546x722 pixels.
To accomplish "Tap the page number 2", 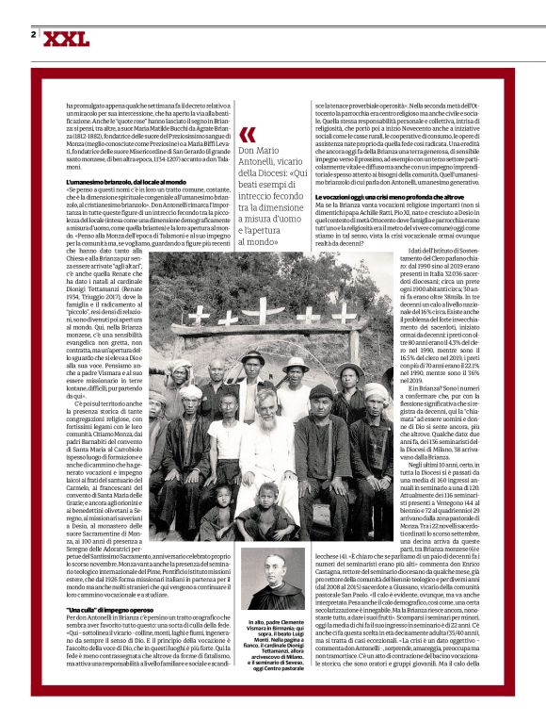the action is tap(34, 35).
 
